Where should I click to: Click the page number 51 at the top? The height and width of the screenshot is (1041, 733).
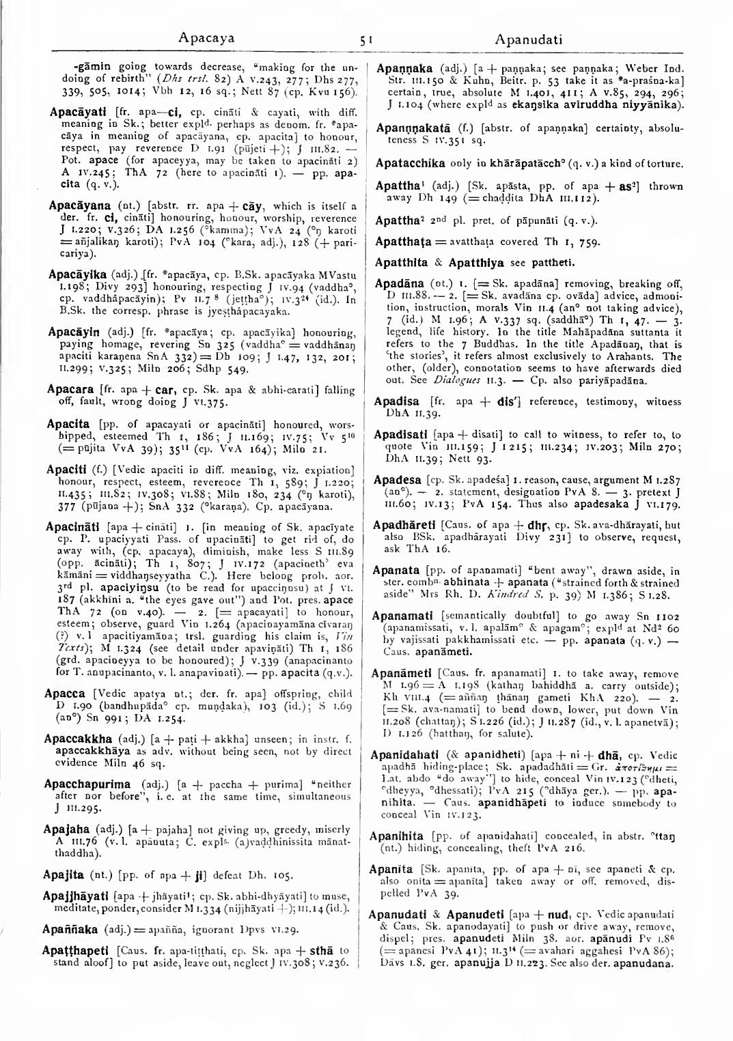tap(365, 40)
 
